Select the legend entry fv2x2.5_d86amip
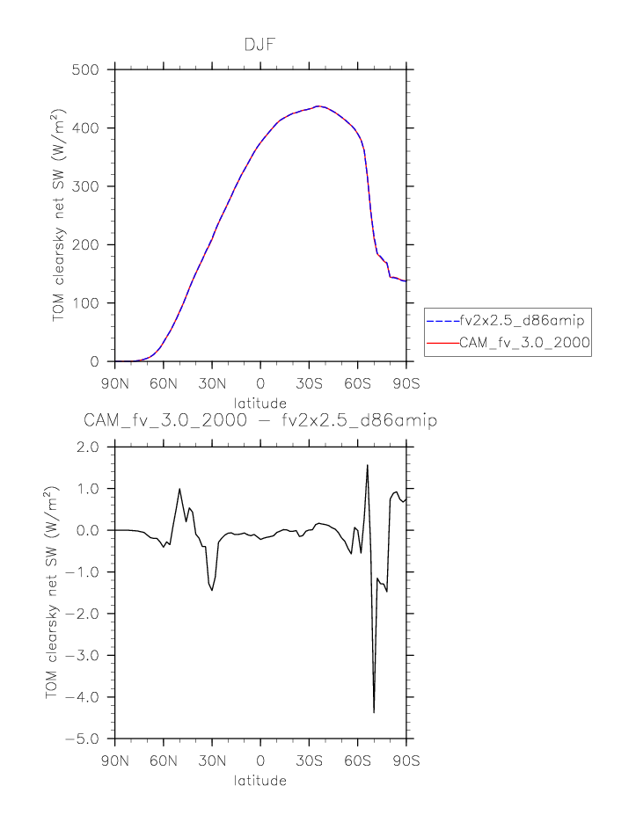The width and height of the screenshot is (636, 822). click(523, 320)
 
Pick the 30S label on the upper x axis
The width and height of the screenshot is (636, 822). click(309, 384)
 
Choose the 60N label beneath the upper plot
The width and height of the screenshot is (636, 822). click(163, 384)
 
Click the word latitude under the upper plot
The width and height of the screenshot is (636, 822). click(260, 403)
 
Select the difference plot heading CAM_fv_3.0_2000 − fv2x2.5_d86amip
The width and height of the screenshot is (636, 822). click(260, 421)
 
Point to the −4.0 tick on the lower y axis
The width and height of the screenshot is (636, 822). click(86, 697)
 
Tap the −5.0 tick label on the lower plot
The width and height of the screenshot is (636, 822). click(86, 738)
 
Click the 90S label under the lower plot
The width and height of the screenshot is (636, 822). click(406, 761)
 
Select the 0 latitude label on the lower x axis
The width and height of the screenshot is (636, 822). click(260, 761)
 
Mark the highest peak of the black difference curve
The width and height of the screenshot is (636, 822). click(367, 465)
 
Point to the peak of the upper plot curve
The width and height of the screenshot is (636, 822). click(318, 106)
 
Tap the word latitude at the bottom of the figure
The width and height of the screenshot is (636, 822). click(260, 780)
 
